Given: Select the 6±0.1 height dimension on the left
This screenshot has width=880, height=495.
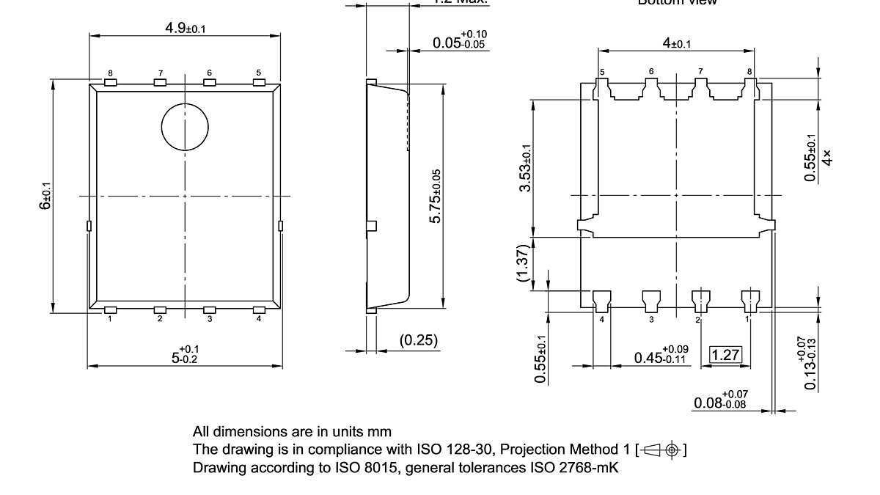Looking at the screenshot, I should [45, 196].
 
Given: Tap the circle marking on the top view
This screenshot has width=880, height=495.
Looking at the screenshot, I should [185, 126].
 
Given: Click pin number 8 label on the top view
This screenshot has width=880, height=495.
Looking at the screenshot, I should [110, 73].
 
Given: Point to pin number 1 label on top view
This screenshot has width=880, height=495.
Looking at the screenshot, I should [109, 319].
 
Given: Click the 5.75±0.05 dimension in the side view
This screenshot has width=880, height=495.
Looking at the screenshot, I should [436, 197].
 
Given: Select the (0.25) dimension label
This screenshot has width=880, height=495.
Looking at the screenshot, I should [419, 340].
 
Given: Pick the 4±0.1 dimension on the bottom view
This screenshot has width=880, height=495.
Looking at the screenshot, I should [676, 43].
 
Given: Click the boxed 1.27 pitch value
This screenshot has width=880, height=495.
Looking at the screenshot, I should [725, 356].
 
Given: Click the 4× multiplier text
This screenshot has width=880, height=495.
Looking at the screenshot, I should [827, 157].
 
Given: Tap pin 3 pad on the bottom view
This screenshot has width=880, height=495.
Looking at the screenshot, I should [651, 298].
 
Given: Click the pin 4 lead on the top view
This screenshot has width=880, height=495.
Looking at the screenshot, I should [259, 310].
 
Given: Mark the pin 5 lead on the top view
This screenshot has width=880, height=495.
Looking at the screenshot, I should [259, 83].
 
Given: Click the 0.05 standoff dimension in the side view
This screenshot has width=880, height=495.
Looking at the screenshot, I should [460, 41].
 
